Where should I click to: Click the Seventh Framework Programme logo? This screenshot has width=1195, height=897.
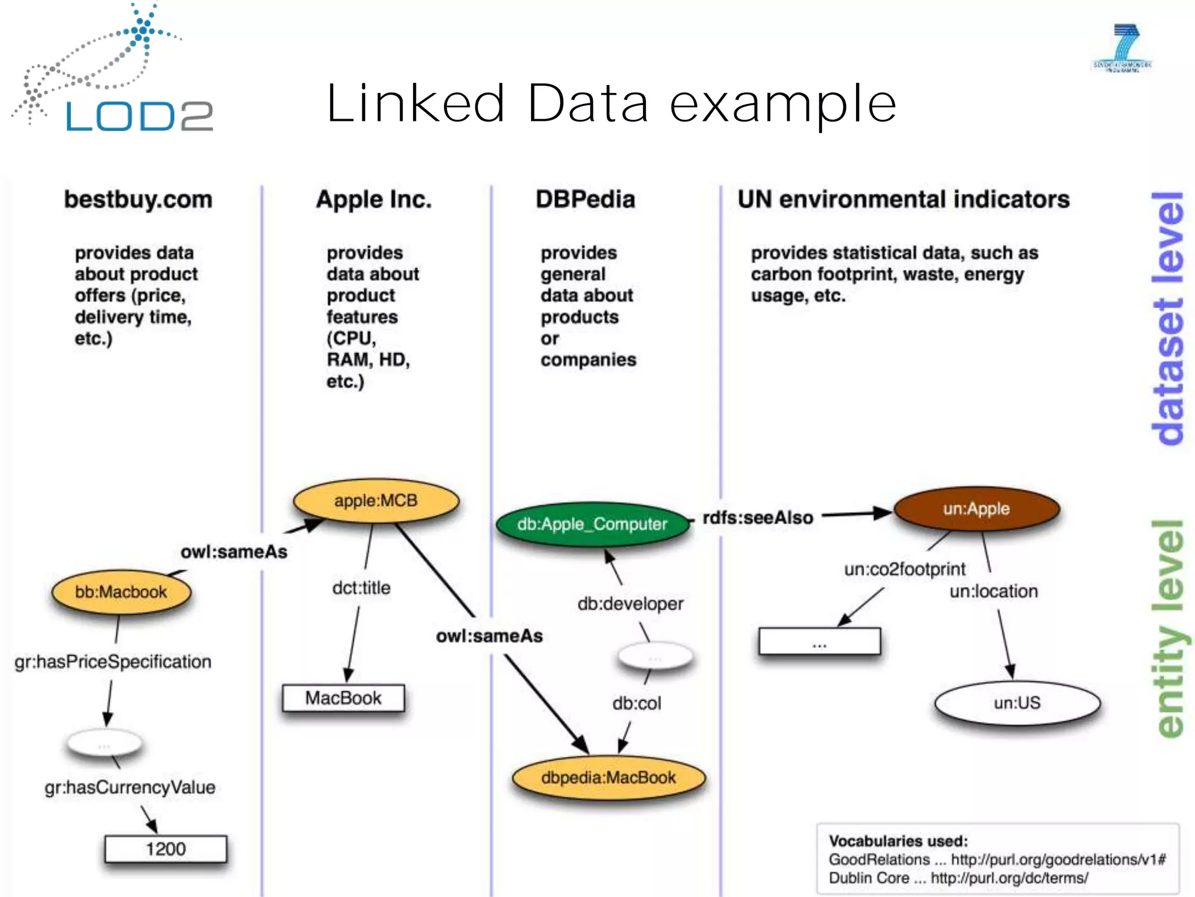(x=1122, y=48)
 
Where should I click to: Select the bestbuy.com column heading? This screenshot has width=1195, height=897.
(x=138, y=200)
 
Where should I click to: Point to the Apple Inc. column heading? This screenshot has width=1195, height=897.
(x=373, y=200)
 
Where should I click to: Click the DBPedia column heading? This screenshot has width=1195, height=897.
(x=585, y=200)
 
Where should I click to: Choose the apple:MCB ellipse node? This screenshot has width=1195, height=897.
(x=376, y=501)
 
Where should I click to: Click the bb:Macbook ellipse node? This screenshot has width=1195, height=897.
(x=121, y=592)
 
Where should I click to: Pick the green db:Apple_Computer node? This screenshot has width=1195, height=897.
(x=592, y=524)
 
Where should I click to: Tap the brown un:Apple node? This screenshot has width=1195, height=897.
(x=976, y=509)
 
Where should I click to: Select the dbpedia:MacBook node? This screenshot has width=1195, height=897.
(x=608, y=778)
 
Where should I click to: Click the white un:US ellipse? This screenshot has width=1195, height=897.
(x=1017, y=703)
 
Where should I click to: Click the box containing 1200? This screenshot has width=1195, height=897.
(x=166, y=849)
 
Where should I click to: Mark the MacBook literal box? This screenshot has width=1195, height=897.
(x=343, y=698)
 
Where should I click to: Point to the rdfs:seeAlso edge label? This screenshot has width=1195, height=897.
(x=757, y=517)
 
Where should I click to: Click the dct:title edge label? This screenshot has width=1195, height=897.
(x=361, y=587)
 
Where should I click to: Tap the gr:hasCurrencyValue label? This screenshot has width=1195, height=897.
(x=130, y=787)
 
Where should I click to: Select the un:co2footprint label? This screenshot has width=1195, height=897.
(x=904, y=569)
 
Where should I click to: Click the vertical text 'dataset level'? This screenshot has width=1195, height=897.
(x=1167, y=318)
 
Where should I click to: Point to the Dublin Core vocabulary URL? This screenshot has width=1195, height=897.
(x=1009, y=878)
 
